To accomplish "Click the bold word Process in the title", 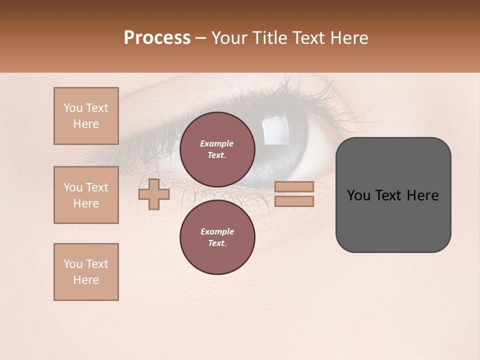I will coord(157,38).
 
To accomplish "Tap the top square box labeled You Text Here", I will coord(86,116).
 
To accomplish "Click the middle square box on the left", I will coord(86,195).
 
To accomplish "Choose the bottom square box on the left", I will coord(86,272).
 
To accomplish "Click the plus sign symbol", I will coord(153,194).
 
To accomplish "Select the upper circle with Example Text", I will coord(217,149).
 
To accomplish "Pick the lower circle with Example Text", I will coord(217,237).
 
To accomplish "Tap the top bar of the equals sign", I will coord(294,186).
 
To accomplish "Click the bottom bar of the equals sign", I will coord(294,201).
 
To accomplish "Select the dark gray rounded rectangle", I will coord(393,220).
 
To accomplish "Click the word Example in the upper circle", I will coord(216,143).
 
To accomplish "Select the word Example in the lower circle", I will coord(217,231).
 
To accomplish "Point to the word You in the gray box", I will coord(358,195).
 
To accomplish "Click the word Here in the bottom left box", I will coord(86,280).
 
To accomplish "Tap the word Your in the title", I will coord(230,38).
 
